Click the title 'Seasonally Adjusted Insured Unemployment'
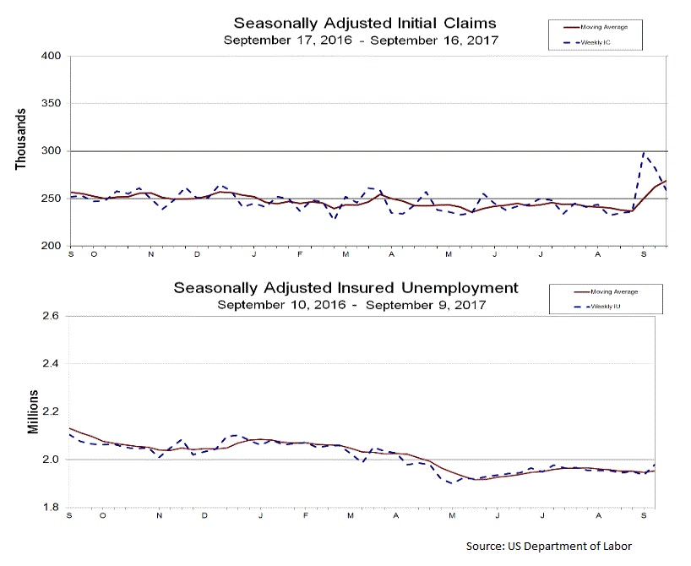tap(346, 288)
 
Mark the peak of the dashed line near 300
tap(645, 153)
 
